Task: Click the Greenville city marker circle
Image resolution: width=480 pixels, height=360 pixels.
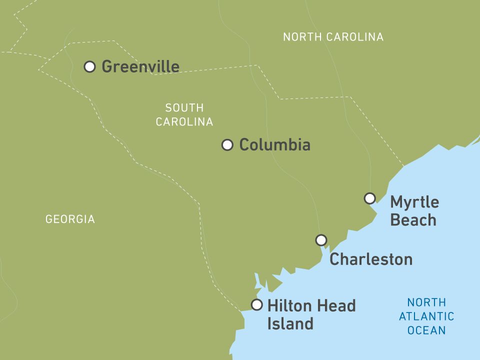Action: pos(89,66)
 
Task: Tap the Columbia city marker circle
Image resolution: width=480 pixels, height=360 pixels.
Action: pos(227,145)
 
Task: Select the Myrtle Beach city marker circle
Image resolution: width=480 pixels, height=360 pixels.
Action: pos(369,198)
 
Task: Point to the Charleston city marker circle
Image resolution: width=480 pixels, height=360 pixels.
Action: pos(321,240)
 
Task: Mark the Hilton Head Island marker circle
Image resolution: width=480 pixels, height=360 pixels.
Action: pos(256,305)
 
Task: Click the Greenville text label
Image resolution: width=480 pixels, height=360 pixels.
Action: pos(140,66)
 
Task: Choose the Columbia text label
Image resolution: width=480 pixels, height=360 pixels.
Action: pos(274,145)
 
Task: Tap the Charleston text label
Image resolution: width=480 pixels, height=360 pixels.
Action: pos(371,259)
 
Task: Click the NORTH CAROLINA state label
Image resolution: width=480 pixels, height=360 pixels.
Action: pos(333,37)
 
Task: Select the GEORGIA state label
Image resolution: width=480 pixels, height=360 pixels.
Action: pos(70,219)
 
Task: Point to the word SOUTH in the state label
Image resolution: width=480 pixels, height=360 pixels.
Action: pos(184,108)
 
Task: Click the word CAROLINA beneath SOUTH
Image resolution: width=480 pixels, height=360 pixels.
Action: pos(184,122)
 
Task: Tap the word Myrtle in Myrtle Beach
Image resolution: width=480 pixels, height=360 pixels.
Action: pos(414,203)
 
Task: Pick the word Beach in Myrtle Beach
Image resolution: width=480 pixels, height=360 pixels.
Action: pos(413,220)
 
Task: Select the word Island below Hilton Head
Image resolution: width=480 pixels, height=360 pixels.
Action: pos(290,323)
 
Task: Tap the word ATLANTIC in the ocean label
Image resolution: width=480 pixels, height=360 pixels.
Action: pos(426,316)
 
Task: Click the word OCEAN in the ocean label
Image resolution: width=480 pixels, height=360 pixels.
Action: pos(426,330)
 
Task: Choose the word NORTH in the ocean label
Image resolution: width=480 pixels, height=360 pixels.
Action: pos(426,302)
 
